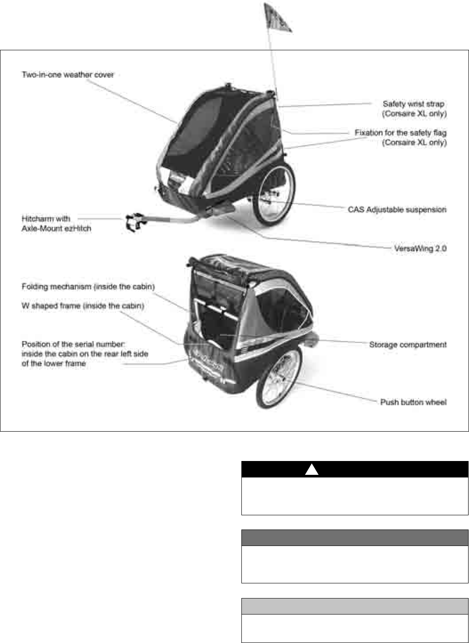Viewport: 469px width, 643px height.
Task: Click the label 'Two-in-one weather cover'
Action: pos(68,75)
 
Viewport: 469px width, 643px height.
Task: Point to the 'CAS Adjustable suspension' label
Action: pos(397,209)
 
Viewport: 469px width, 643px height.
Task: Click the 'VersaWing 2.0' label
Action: pos(420,248)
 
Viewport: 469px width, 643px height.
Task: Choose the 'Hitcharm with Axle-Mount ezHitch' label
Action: pos(56,224)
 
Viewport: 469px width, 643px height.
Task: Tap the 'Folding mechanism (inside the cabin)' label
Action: pos(88,287)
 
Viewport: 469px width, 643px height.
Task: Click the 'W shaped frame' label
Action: pos(83,306)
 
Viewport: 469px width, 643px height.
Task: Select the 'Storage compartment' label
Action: pos(408,344)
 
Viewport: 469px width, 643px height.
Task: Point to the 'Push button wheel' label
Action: pos(413,402)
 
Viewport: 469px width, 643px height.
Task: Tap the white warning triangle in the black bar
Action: pos(312,470)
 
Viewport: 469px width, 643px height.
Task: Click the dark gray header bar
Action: pos(355,538)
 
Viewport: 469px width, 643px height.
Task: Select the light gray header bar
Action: pos(355,606)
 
